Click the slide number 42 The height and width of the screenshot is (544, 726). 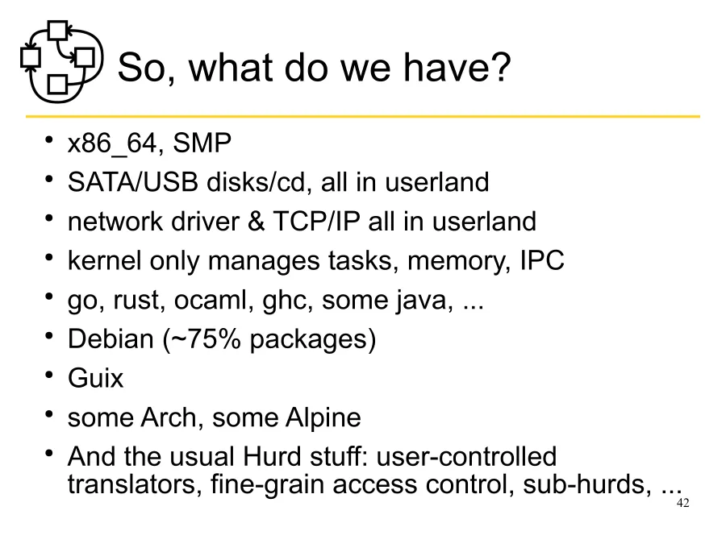[683, 504]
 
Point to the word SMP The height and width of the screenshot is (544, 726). [202, 144]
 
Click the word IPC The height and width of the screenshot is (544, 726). [541, 260]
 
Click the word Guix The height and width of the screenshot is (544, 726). [95, 378]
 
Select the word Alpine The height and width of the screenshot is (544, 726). [323, 417]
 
